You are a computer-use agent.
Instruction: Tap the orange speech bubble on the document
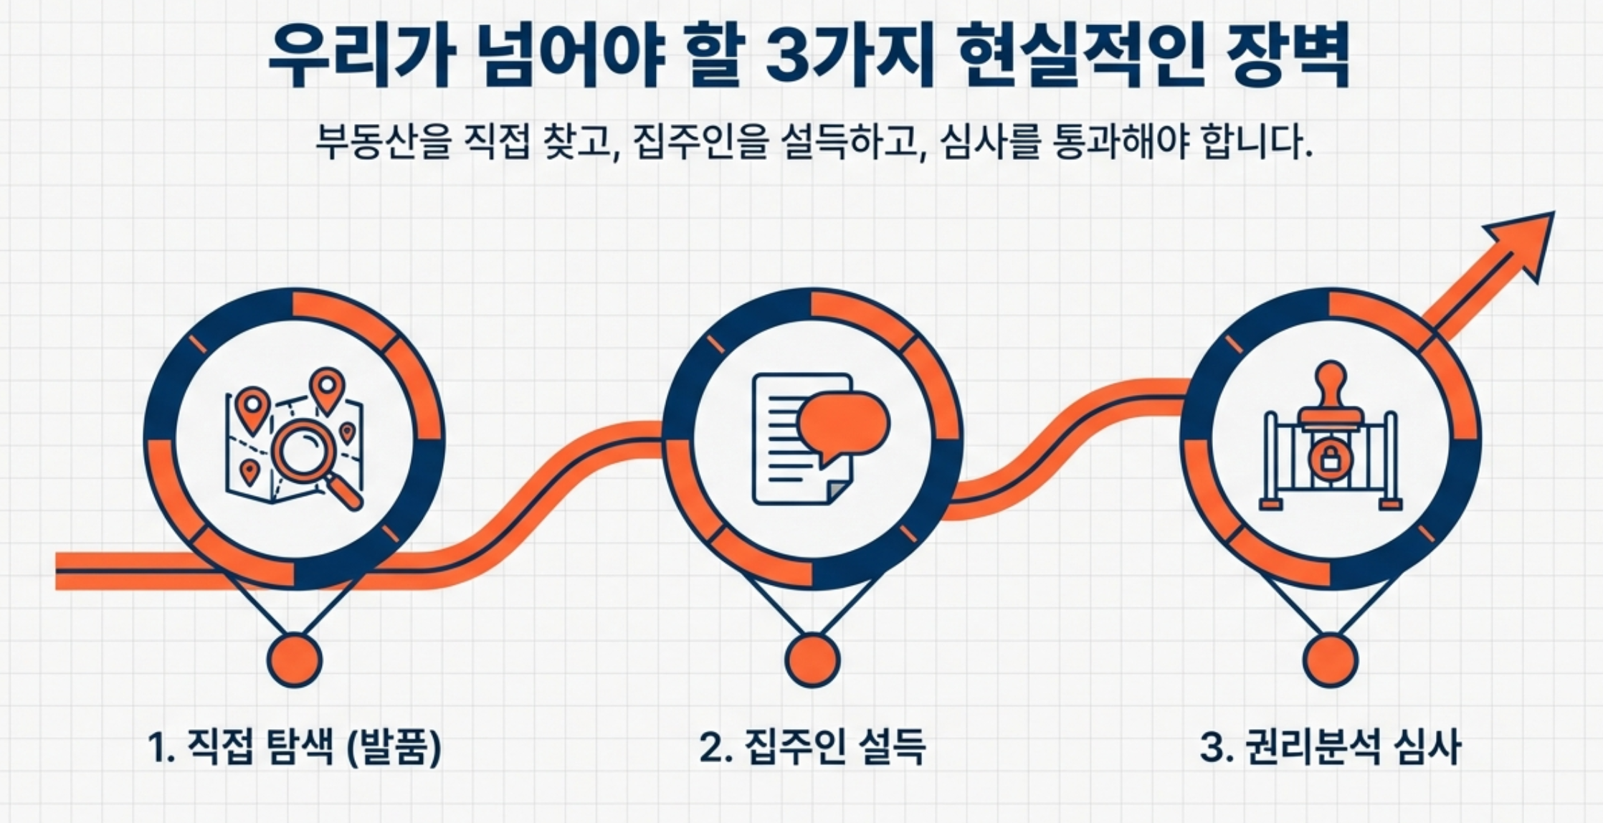coord(843,429)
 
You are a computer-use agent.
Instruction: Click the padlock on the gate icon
coord(1330,457)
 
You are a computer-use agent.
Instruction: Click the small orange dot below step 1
coord(295,660)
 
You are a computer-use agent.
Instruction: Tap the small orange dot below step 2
coord(812,660)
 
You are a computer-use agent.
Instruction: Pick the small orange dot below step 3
coord(1330,660)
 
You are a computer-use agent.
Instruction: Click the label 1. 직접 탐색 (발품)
coord(295,747)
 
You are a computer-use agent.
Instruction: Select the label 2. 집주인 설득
coord(812,747)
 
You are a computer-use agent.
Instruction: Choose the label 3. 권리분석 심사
coord(1330,747)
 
